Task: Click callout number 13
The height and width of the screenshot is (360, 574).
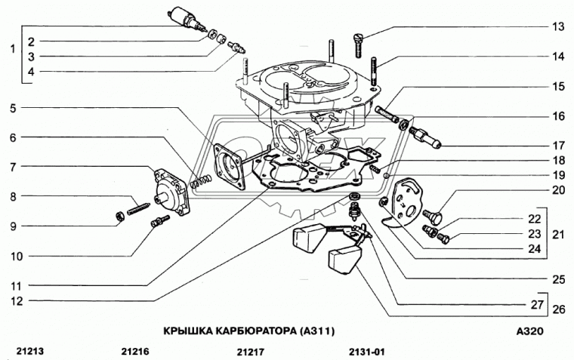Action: [557, 27]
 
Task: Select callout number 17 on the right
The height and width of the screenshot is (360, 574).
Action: [557, 146]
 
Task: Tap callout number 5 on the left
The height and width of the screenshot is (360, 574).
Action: [13, 108]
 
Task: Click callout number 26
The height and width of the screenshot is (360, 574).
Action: [558, 308]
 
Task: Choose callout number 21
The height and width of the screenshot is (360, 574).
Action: [558, 234]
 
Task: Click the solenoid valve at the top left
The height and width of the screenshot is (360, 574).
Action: [181, 17]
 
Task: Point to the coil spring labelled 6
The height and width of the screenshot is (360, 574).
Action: [201, 181]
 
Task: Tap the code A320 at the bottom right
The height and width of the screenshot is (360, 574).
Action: [530, 331]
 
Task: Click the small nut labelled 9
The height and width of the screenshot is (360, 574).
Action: [119, 217]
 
